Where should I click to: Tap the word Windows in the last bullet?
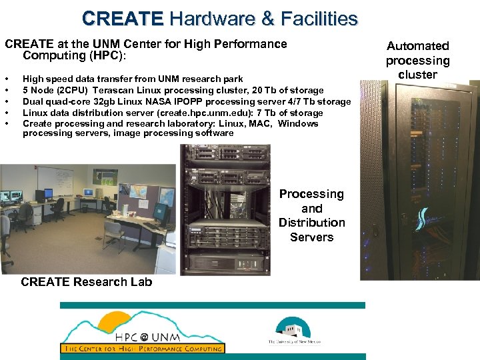(298, 123)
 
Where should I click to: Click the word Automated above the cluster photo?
(418, 46)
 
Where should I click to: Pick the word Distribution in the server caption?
(311, 223)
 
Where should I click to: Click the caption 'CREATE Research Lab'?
(86, 282)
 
